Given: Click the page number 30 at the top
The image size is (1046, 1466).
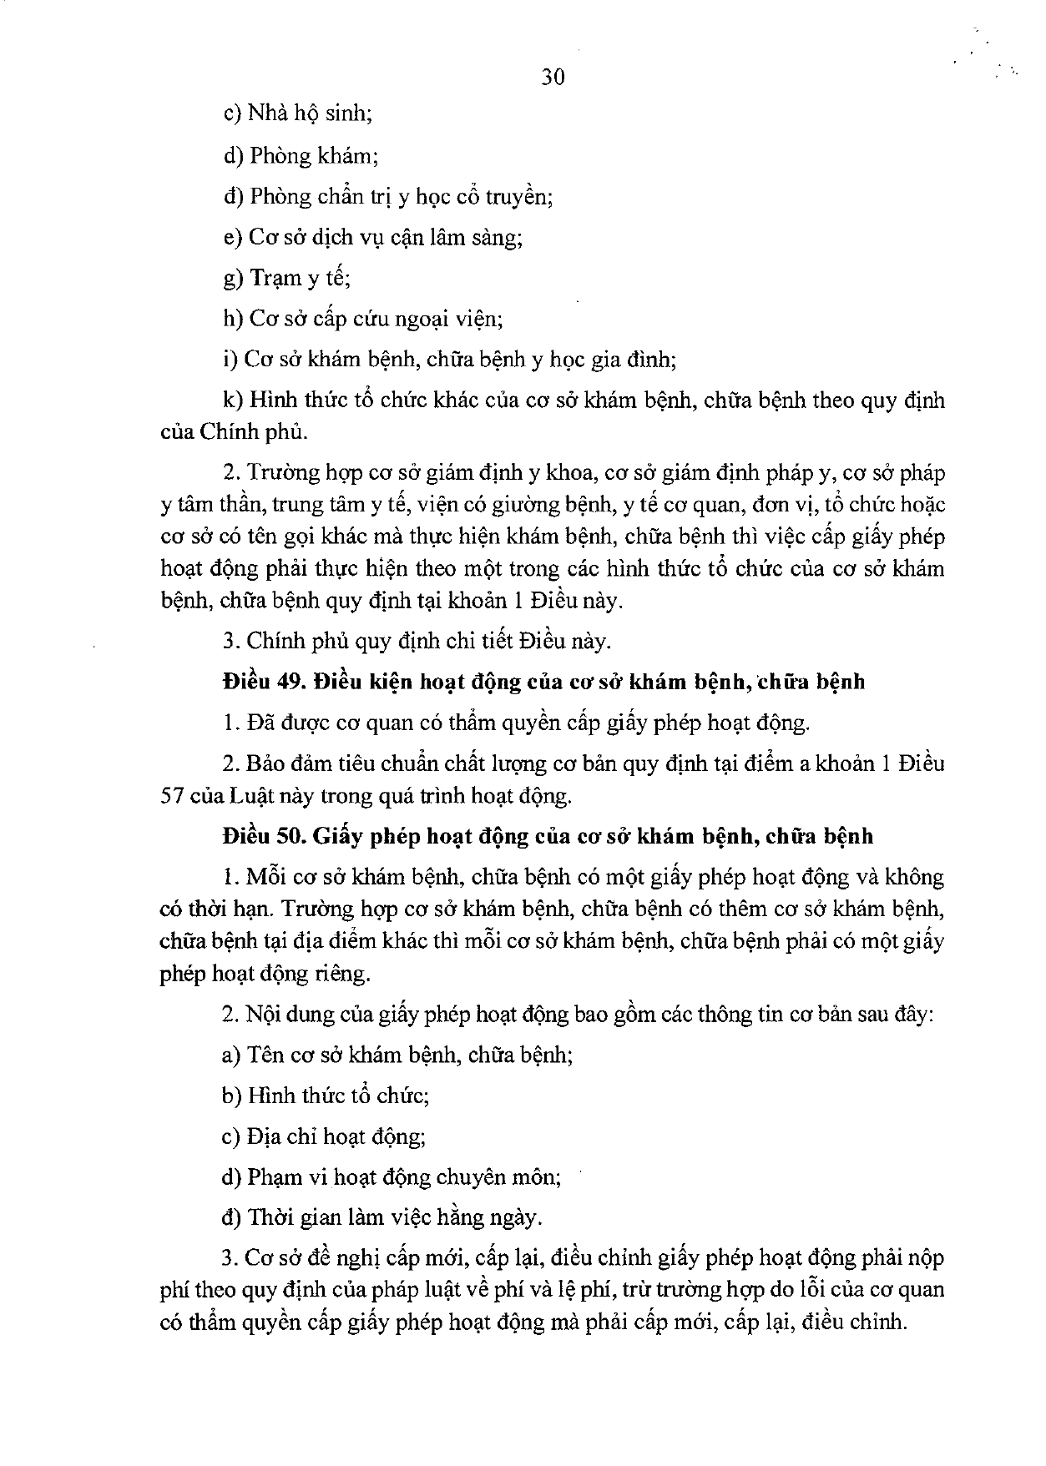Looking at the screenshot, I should (x=553, y=78).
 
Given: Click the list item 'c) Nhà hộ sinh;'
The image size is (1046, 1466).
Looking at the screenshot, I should (x=297, y=114).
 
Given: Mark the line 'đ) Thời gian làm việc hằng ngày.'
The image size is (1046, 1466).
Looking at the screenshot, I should (x=382, y=1217).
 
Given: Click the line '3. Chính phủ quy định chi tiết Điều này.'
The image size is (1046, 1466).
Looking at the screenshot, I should (x=417, y=641).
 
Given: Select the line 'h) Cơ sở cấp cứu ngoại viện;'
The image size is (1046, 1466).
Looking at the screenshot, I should (x=362, y=319).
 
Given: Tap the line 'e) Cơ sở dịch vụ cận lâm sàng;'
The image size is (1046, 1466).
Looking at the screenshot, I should (x=373, y=237).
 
